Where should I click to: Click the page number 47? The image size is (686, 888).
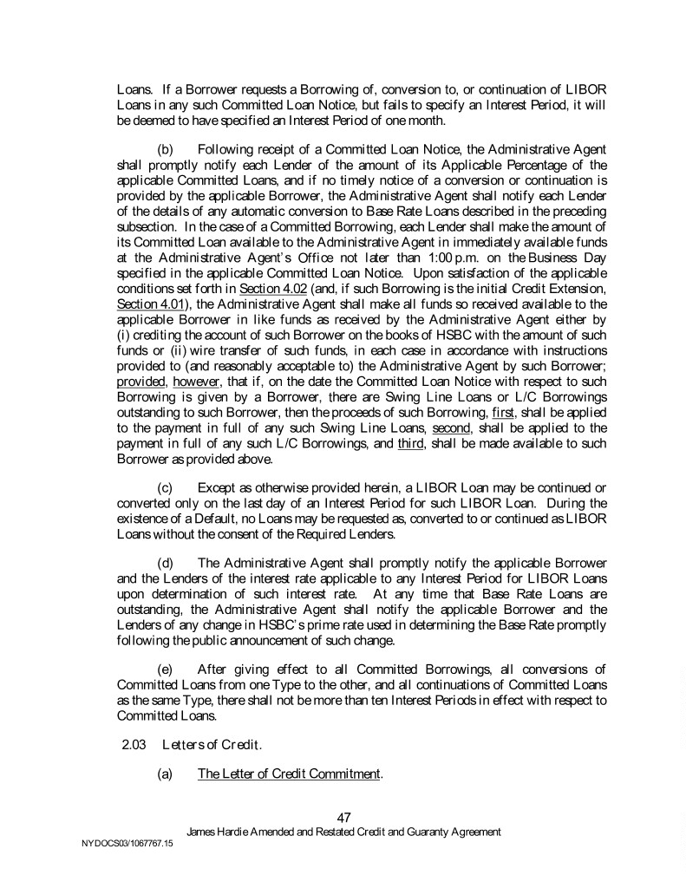tap(343, 817)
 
